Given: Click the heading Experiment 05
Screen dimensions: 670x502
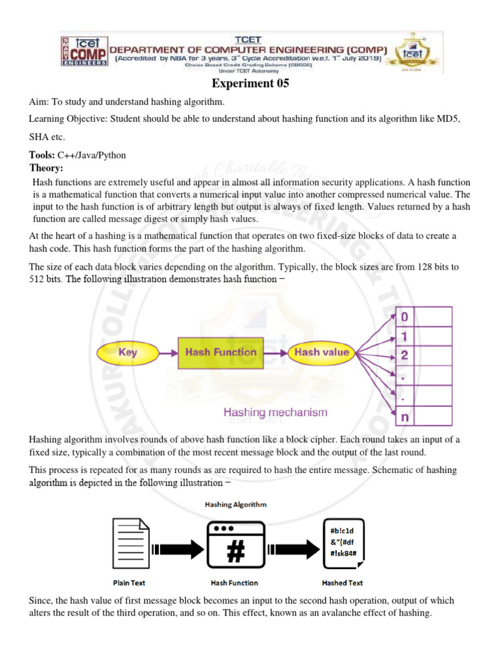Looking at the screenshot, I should coord(250,84).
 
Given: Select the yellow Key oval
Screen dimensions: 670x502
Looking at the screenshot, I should coord(127,352).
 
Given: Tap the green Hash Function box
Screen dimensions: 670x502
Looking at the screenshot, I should coord(221,352).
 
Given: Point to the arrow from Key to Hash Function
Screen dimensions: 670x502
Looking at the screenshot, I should coord(168,352).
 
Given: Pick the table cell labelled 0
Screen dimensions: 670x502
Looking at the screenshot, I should coord(405,317).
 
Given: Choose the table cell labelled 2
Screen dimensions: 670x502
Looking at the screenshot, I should coord(405,355).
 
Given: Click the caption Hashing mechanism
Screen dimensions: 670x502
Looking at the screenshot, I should coord(275,412).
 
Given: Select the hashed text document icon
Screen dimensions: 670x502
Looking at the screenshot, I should coord(343,543).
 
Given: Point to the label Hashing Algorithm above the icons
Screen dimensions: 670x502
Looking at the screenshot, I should coord(235,504).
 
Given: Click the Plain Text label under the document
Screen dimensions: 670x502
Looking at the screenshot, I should coord(129,582).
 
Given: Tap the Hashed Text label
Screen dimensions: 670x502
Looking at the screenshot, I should coord(343,582).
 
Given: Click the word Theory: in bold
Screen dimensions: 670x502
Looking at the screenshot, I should coord(46,168).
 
